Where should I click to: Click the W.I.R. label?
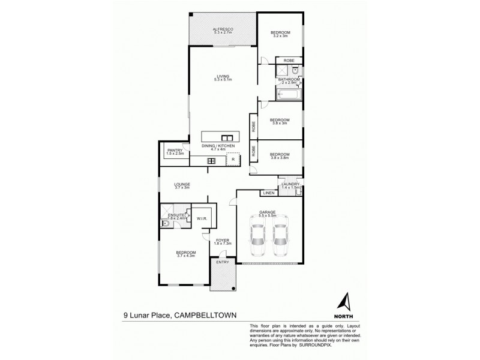(x=202, y=219)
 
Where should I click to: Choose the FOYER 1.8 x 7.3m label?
(x=223, y=242)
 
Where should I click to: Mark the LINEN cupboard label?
(x=268, y=193)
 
